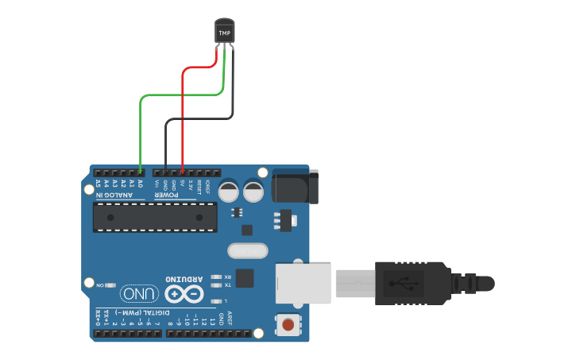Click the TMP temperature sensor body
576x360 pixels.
pyautogui.click(x=225, y=32)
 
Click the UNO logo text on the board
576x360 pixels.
pyautogui.click(x=138, y=295)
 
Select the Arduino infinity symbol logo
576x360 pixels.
pyautogui.click(x=184, y=295)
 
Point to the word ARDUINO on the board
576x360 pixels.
pyautogui.click(x=184, y=280)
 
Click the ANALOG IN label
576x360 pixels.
pyautogui.click(x=115, y=194)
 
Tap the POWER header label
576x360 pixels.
pyautogui.click(x=166, y=194)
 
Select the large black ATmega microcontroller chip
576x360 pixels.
pyautogui.click(x=154, y=216)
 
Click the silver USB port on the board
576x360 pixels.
pyautogui.click(x=303, y=283)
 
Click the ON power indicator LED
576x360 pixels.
pyautogui.click(x=110, y=284)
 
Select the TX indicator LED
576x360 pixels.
pyautogui.click(x=216, y=285)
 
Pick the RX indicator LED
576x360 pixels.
pyautogui.click(x=216, y=277)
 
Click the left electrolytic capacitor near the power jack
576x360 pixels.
pyautogui.click(x=229, y=192)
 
